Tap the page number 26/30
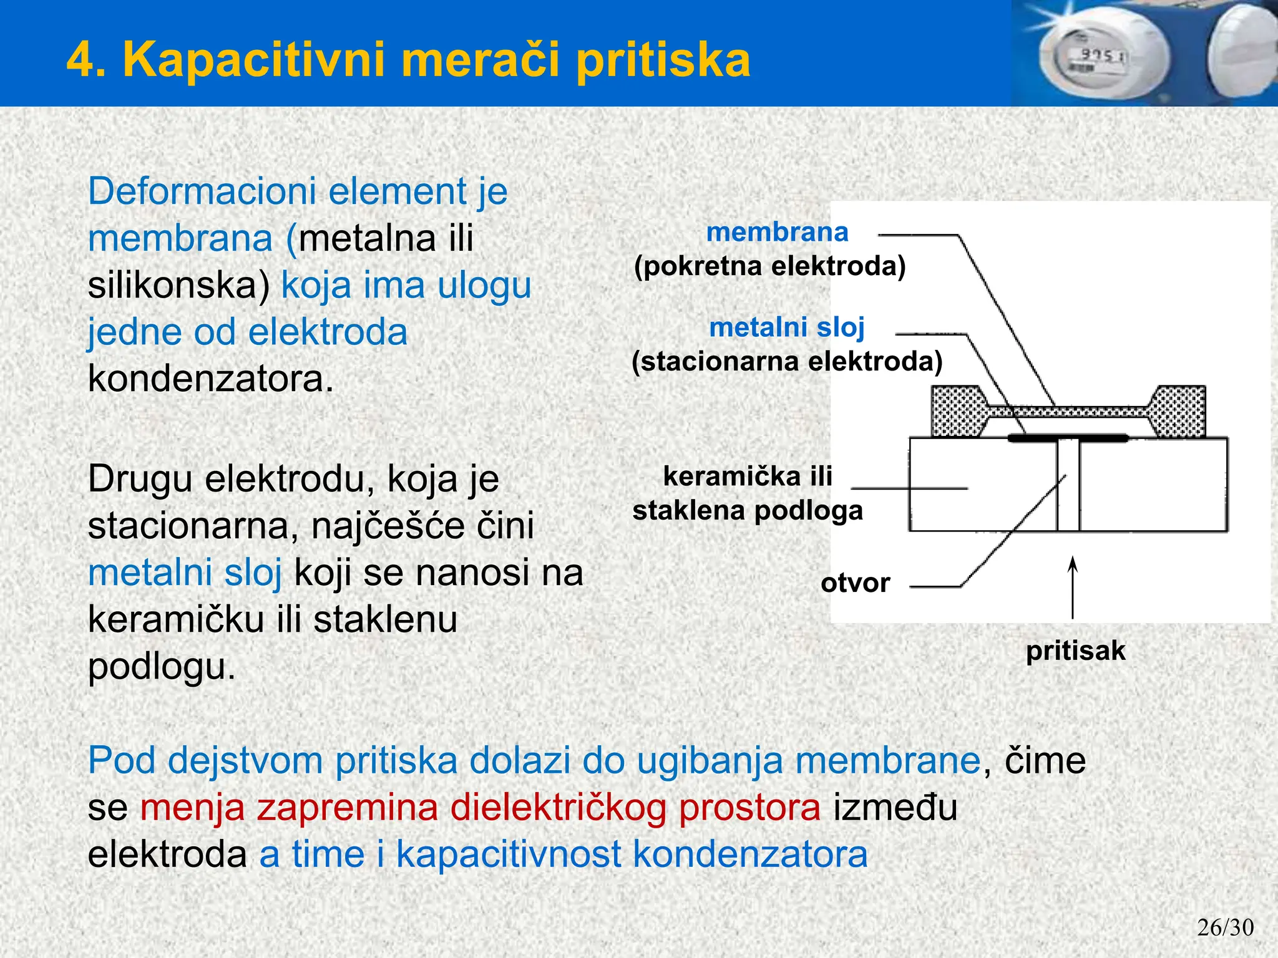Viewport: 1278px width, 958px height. pos(1225,927)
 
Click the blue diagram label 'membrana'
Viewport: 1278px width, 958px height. pos(777,232)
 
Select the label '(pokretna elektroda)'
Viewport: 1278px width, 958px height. pos(769,266)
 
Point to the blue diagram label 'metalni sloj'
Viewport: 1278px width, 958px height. pos(787,327)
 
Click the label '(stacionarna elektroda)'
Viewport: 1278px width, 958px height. pos(787,362)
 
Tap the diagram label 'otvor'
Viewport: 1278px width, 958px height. pos(855,583)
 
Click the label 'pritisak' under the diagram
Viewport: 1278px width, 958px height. pos(1075,651)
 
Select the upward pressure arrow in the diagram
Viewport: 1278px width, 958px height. pos(1073,586)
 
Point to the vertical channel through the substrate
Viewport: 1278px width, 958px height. pos(1068,486)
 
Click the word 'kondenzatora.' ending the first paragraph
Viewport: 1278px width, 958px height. pos(211,379)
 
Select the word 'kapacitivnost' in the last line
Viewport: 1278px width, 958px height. pos(509,854)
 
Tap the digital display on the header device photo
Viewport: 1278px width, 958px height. pos(1101,57)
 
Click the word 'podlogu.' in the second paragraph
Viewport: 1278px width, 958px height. pos(162,667)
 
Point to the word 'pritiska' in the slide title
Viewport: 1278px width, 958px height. pos(663,60)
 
